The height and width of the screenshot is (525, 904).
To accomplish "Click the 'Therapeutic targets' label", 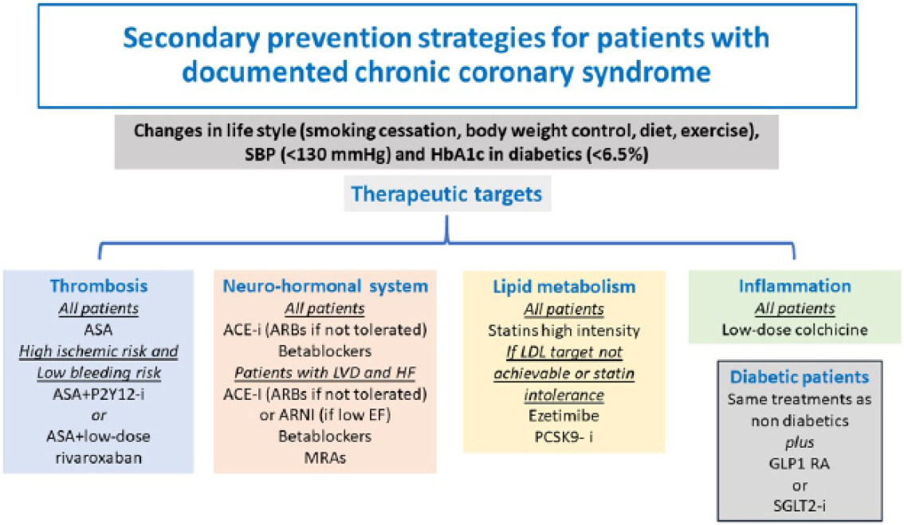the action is (x=446, y=194).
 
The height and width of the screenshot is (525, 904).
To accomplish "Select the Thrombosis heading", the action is (x=99, y=286).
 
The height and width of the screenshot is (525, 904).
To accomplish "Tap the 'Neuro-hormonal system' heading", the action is (x=325, y=286).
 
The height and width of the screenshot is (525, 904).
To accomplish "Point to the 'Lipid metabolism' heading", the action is (x=564, y=287).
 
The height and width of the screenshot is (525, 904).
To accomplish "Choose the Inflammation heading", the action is (x=795, y=286).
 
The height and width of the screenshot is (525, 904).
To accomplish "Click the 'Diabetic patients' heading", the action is (x=799, y=377).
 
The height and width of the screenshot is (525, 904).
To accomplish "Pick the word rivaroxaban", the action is (x=99, y=458).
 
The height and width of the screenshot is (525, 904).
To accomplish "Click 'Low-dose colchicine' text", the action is (x=795, y=330).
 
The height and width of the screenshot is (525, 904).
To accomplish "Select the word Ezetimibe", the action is (x=564, y=416).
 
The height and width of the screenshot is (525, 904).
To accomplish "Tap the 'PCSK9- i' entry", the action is (x=564, y=437).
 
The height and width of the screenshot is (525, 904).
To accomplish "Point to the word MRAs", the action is (x=325, y=458).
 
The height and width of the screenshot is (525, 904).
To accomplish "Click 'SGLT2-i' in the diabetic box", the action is (x=799, y=506).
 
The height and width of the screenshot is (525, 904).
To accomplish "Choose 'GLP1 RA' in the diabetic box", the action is (x=799, y=464).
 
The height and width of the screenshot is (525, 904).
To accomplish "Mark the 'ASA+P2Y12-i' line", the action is (x=99, y=394).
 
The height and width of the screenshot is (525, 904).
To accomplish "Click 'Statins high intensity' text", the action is (x=564, y=330).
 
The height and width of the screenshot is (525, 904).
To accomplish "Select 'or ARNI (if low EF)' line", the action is (x=325, y=415).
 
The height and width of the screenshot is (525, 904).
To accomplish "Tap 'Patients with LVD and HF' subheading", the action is (x=325, y=373).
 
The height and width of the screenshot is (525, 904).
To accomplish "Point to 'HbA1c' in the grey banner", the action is (x=455, y=155).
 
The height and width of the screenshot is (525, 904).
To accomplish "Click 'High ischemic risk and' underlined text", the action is (x=99, y=351).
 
